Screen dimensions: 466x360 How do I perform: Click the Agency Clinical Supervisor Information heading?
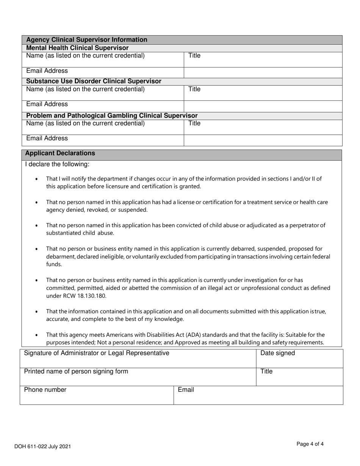[87, 40]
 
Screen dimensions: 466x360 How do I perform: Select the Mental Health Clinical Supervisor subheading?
[77, 48]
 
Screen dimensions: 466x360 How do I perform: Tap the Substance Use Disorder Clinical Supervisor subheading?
[94, 81]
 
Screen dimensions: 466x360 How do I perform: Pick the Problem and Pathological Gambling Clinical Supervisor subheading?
[112, 116]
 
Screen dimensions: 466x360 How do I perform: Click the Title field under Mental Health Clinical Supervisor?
[263, 59]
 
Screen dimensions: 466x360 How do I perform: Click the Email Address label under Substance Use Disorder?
[47, 104]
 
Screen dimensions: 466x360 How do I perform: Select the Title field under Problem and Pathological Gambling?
[263, 127]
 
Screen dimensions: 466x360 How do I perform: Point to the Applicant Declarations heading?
[60, 153]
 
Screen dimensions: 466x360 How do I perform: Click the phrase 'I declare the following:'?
[57, 164]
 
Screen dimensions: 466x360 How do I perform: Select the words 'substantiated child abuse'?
[80, 233]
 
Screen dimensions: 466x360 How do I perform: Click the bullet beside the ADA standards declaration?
[36, 335]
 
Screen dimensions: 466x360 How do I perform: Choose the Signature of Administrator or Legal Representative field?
[138, 358]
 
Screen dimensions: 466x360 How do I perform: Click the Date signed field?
[299, 358]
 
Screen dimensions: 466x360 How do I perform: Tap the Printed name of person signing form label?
[76, 372]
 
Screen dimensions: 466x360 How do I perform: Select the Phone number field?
[97, 395]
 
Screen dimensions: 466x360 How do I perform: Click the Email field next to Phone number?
[258, 395]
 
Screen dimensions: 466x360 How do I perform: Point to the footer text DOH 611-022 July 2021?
[42, 447]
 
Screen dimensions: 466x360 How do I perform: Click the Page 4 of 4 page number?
[310, 444]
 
